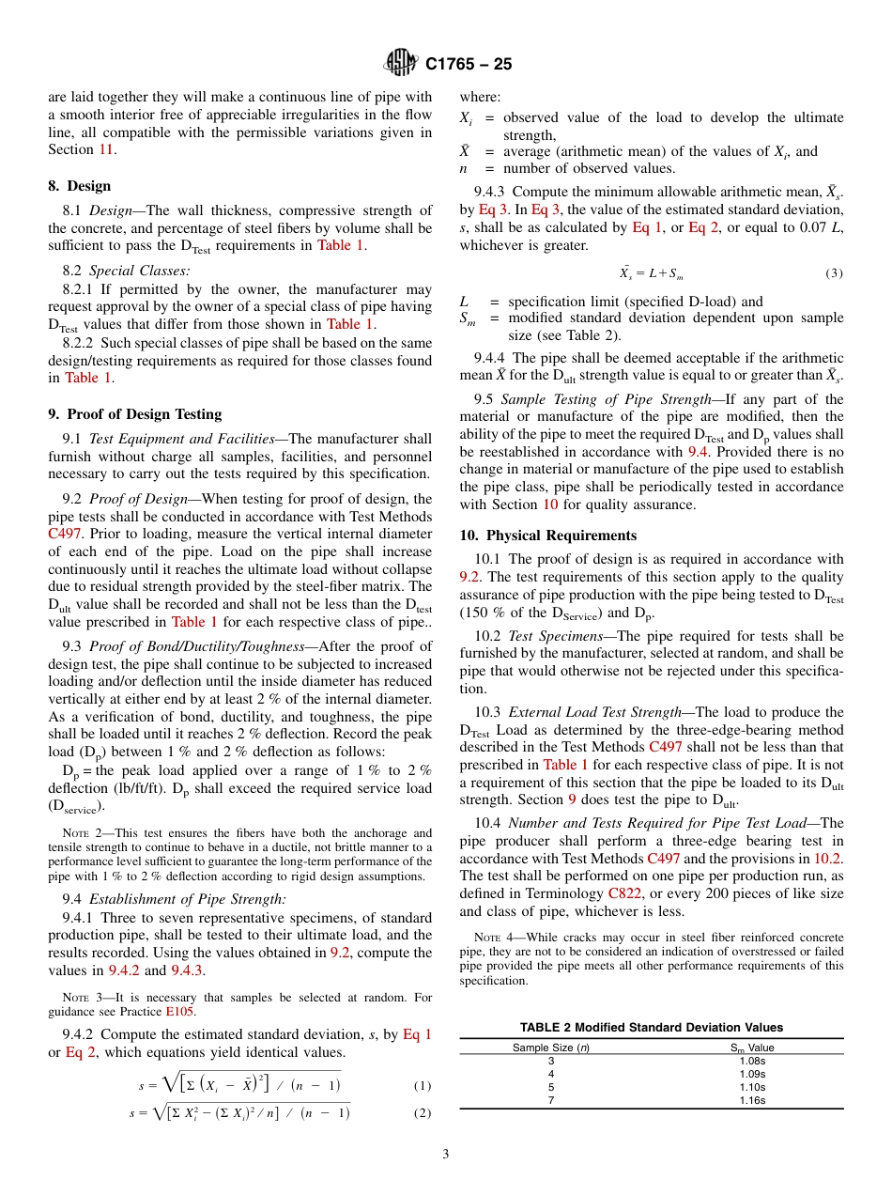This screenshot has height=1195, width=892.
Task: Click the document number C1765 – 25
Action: pos(469,64)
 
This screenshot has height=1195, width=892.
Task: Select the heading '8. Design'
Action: pos(79,186)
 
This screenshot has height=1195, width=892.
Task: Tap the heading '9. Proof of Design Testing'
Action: pos(134,414)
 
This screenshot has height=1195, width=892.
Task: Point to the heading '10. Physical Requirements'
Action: pos(547,535)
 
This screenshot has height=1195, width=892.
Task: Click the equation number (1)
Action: pos(422,1085)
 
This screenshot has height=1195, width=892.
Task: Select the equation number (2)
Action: pos(422,1113)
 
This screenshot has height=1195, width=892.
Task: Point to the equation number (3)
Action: pos(834,273)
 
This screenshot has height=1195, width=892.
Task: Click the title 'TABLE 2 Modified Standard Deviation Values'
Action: pos(651,1027)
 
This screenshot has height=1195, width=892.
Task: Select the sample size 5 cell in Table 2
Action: pos(551,1086)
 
